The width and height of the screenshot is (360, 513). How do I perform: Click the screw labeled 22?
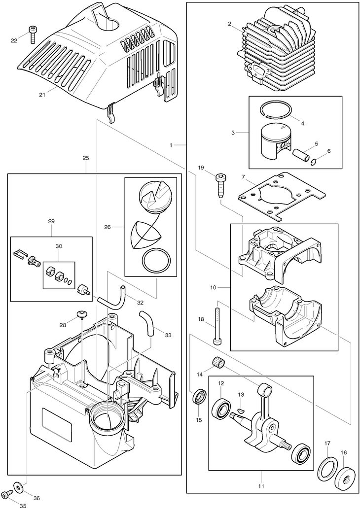[x=33, y=34]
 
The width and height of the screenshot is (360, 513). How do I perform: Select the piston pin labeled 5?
[x=301, y=154]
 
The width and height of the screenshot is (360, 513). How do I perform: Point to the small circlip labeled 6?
[x=314, y=161]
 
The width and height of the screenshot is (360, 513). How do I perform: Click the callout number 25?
[x=86, y=158]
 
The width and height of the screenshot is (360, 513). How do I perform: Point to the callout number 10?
[x=214, y=288]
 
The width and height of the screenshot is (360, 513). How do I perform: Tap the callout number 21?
[x=42, y=95]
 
